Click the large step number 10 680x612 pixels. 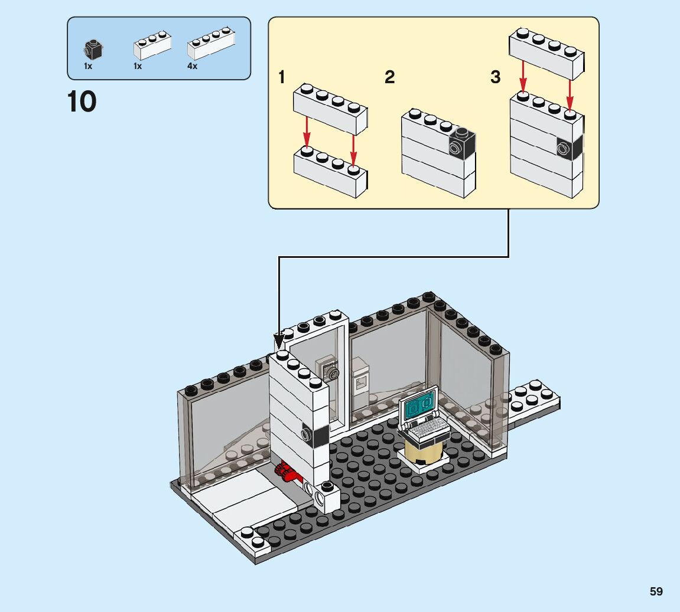coord(82,102)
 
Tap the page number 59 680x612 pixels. coord(656,591)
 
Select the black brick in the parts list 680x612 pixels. coord(92,49)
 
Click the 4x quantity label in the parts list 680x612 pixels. coord(192,67)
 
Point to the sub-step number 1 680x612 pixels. coord(282,77)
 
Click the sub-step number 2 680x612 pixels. coord(389,77)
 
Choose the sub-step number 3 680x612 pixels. coord(495,77)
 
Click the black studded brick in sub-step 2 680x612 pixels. coord(462,145)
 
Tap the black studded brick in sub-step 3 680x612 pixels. coord(570,146)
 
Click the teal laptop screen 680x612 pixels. coord(419,407)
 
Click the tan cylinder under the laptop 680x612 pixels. coord(422,451)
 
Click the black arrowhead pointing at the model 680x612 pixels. coord(279,341)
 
